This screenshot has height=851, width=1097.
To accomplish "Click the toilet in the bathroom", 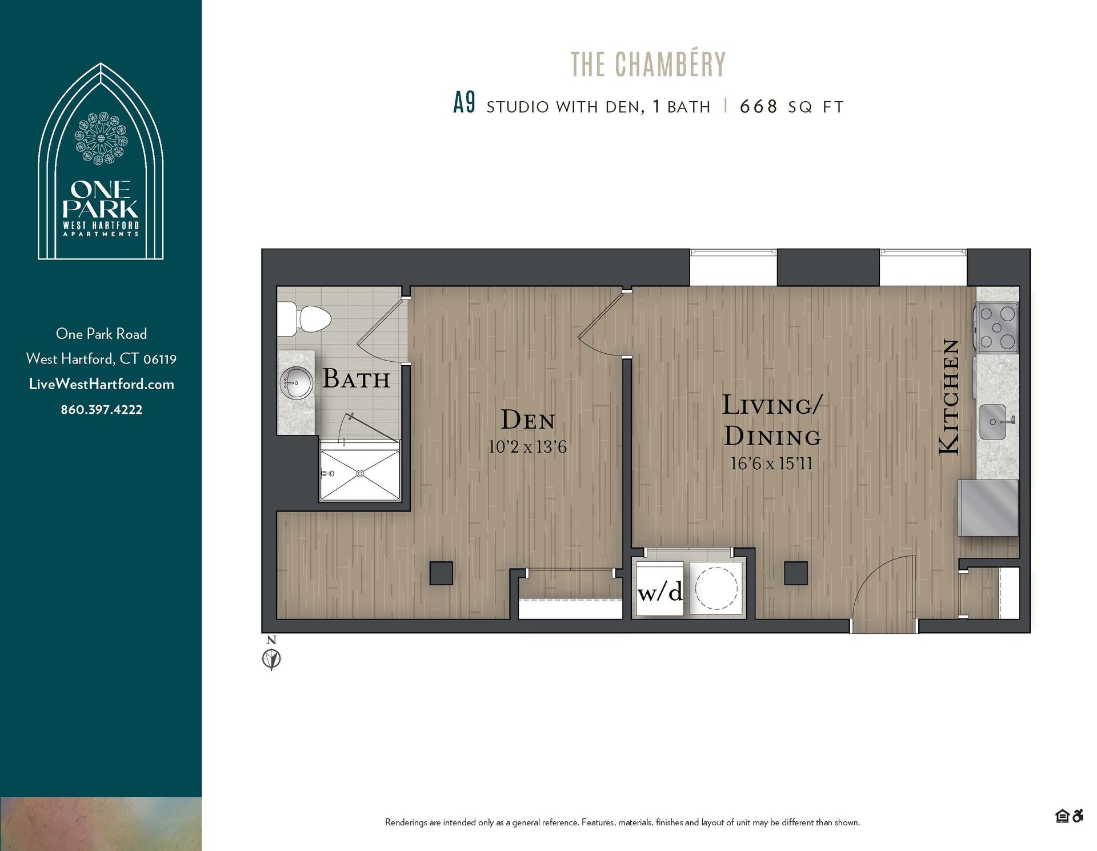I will [x=309, y=319].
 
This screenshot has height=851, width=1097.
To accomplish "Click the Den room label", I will [x=528, y=421].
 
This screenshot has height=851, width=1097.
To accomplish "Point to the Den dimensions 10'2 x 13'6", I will [x=527, y=447].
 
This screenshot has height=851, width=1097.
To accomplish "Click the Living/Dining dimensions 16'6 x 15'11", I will [x=771, y=464].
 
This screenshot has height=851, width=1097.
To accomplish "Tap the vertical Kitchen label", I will [x=949, y=397].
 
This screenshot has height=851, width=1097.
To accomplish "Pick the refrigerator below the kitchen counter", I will [x=988, y=508].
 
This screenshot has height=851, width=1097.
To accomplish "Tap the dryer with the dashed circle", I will [x=716, y=588].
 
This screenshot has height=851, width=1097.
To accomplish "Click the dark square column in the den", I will [x=441, y=573].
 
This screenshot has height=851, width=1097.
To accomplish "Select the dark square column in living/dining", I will [x=795, y=573].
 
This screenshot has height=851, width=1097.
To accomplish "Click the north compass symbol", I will [x=271, y=658].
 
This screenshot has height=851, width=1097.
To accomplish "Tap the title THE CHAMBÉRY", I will [x=648, y=65].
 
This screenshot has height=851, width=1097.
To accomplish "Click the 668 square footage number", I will [x=758, y=107].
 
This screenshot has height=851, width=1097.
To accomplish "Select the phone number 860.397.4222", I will [x=102, y=410].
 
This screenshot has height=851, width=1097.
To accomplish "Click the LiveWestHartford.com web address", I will [x=102, y=384].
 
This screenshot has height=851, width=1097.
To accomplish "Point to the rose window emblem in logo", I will [x=101, y=139].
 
